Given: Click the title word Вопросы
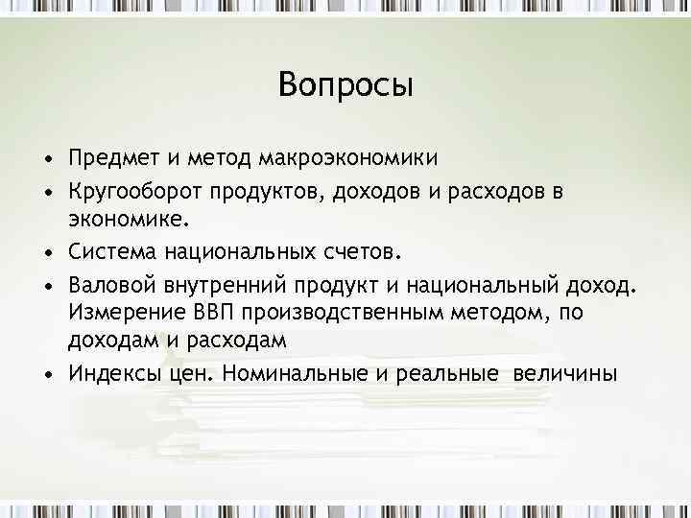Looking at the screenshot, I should point(345,85).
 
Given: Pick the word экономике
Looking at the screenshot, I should point(124,222).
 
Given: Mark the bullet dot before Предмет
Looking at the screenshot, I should point(47,157).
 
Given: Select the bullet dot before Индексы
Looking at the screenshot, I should point(47,374).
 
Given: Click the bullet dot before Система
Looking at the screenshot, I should point(47,253).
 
